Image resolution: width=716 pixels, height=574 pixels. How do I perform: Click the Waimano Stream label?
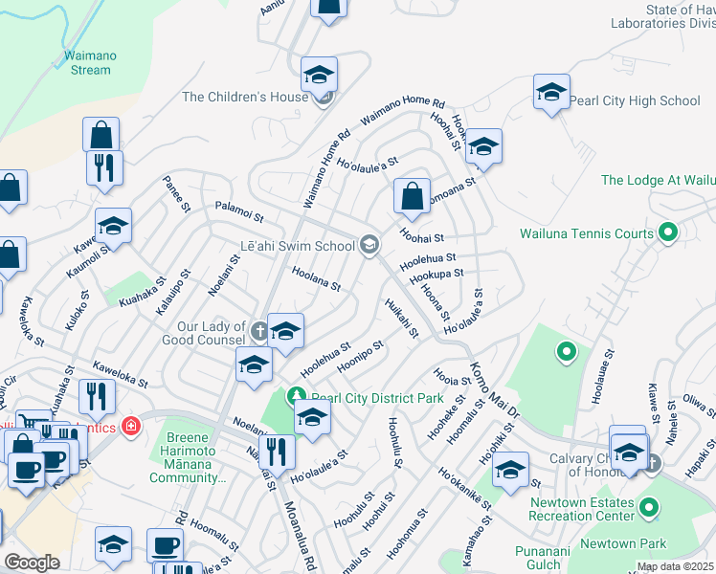90,62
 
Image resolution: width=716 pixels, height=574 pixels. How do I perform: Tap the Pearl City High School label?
635,100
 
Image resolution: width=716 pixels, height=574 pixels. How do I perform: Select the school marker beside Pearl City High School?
551,92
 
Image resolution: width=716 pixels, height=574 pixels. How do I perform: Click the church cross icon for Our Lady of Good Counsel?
258,332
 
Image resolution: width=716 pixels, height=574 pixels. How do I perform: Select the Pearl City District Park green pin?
297,396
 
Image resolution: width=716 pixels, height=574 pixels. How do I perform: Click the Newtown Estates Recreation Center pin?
649,509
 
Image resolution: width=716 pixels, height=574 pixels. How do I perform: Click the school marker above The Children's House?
319,74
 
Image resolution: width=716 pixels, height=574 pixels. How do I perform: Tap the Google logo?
32,563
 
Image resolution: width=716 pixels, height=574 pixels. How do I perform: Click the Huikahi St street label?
401,319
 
